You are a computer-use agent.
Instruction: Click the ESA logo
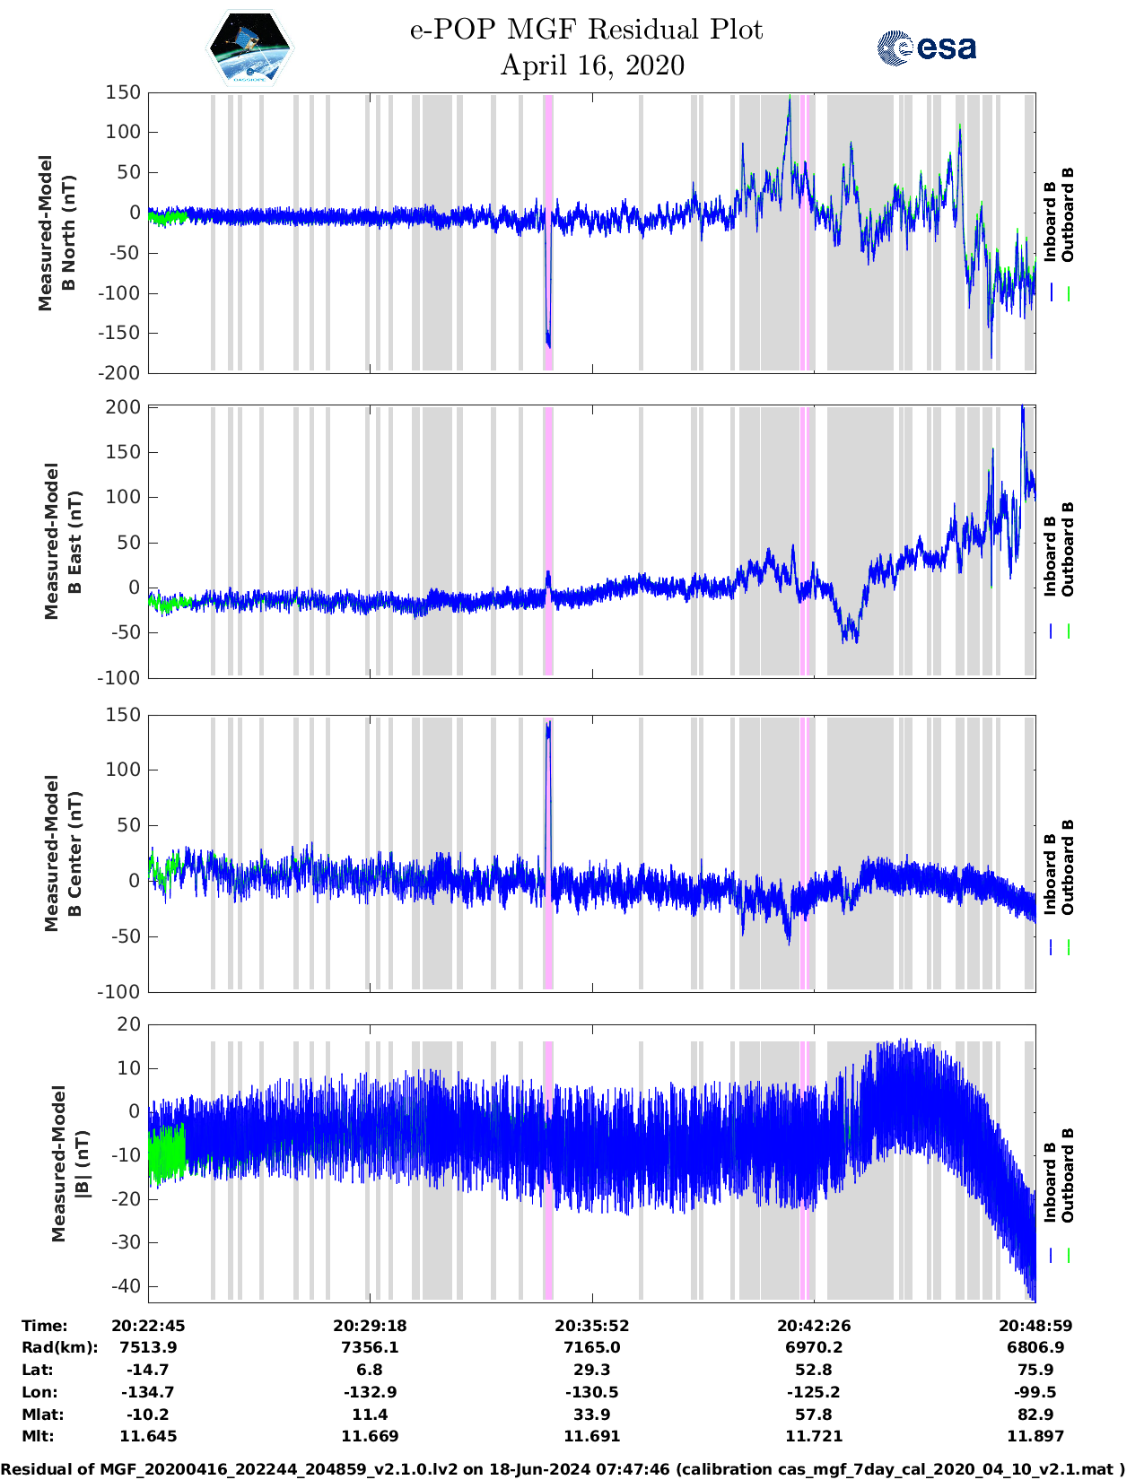pos(926,48)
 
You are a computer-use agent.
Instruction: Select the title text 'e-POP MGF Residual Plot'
pos(586,30)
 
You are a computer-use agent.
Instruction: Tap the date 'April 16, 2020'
pos(592,65)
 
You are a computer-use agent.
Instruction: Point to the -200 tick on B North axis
pos(122,372)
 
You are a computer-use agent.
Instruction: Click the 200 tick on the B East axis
pos(124,407)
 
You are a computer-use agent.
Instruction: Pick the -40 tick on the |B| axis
pos(125,1286)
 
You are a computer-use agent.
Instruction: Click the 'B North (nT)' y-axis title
pos(57,233)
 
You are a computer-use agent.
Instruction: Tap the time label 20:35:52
pos(591,1326)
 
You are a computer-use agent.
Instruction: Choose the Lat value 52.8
pos(813,1370)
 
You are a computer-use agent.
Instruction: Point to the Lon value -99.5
pos(1035,1392)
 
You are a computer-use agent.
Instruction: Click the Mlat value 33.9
pos(591,1415)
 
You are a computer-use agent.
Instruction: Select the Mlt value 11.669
pos(370,1436)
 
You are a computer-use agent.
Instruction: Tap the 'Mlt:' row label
pos(39,1436)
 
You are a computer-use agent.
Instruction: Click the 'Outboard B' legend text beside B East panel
pos(1068,549)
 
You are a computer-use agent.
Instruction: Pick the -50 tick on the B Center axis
pos(125,936)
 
